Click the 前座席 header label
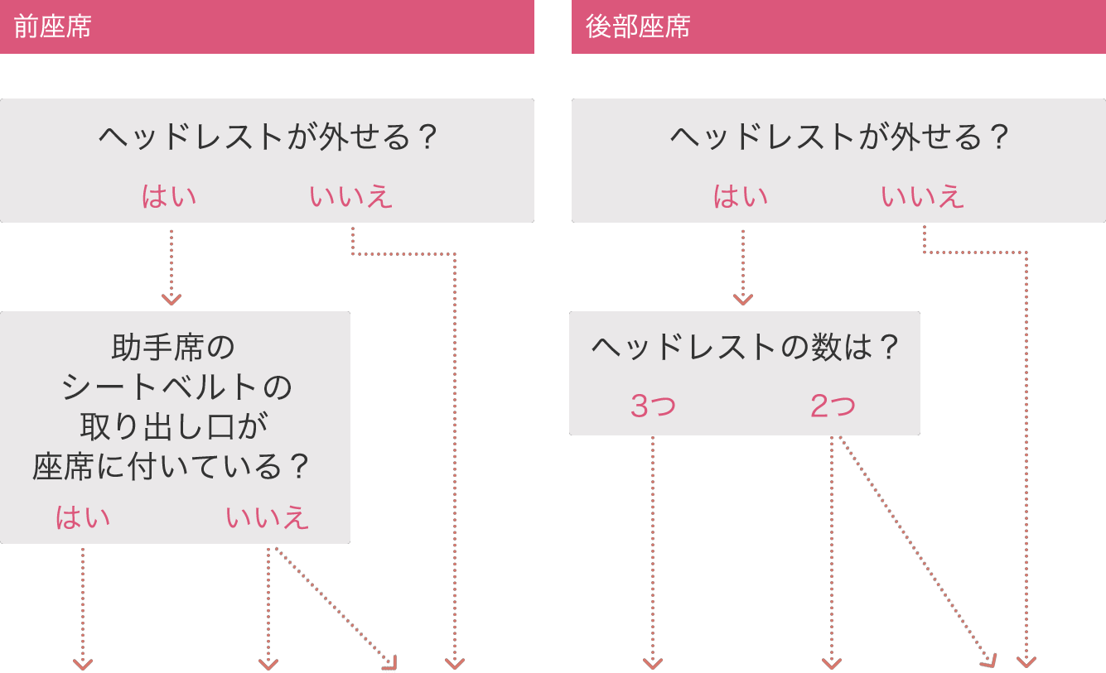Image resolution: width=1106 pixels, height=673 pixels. [x=52, y=27]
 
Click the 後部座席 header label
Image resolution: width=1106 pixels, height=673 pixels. [x=638, y=27]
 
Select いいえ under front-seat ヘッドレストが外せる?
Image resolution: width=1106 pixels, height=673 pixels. [x=351, y=197]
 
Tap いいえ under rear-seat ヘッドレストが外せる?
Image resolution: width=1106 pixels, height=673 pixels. [x=923, y=197]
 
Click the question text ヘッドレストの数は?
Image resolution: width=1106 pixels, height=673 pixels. [x=745, y=347]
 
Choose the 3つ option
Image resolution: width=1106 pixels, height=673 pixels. [x=653, y=406]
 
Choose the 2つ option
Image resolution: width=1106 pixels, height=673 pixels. [x=833, y=406]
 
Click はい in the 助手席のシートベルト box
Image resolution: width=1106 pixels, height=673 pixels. [x=83, y=517]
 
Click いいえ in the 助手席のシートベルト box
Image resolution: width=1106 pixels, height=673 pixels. [x=268, y=517]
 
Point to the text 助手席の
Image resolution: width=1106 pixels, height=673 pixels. [x=173, y=347]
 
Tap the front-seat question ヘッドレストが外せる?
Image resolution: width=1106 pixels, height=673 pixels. [x=268, y=137]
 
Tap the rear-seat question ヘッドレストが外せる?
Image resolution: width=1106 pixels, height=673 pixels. [x=839, y=137]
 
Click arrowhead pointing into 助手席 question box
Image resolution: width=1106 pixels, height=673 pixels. [x=171, y=299]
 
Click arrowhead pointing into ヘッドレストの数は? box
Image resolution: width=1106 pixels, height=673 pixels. [x=743, y=299]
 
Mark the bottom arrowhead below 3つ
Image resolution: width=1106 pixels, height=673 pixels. [x=653, y=663]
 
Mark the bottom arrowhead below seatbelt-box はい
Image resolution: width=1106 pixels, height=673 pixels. [x=83, y=663]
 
